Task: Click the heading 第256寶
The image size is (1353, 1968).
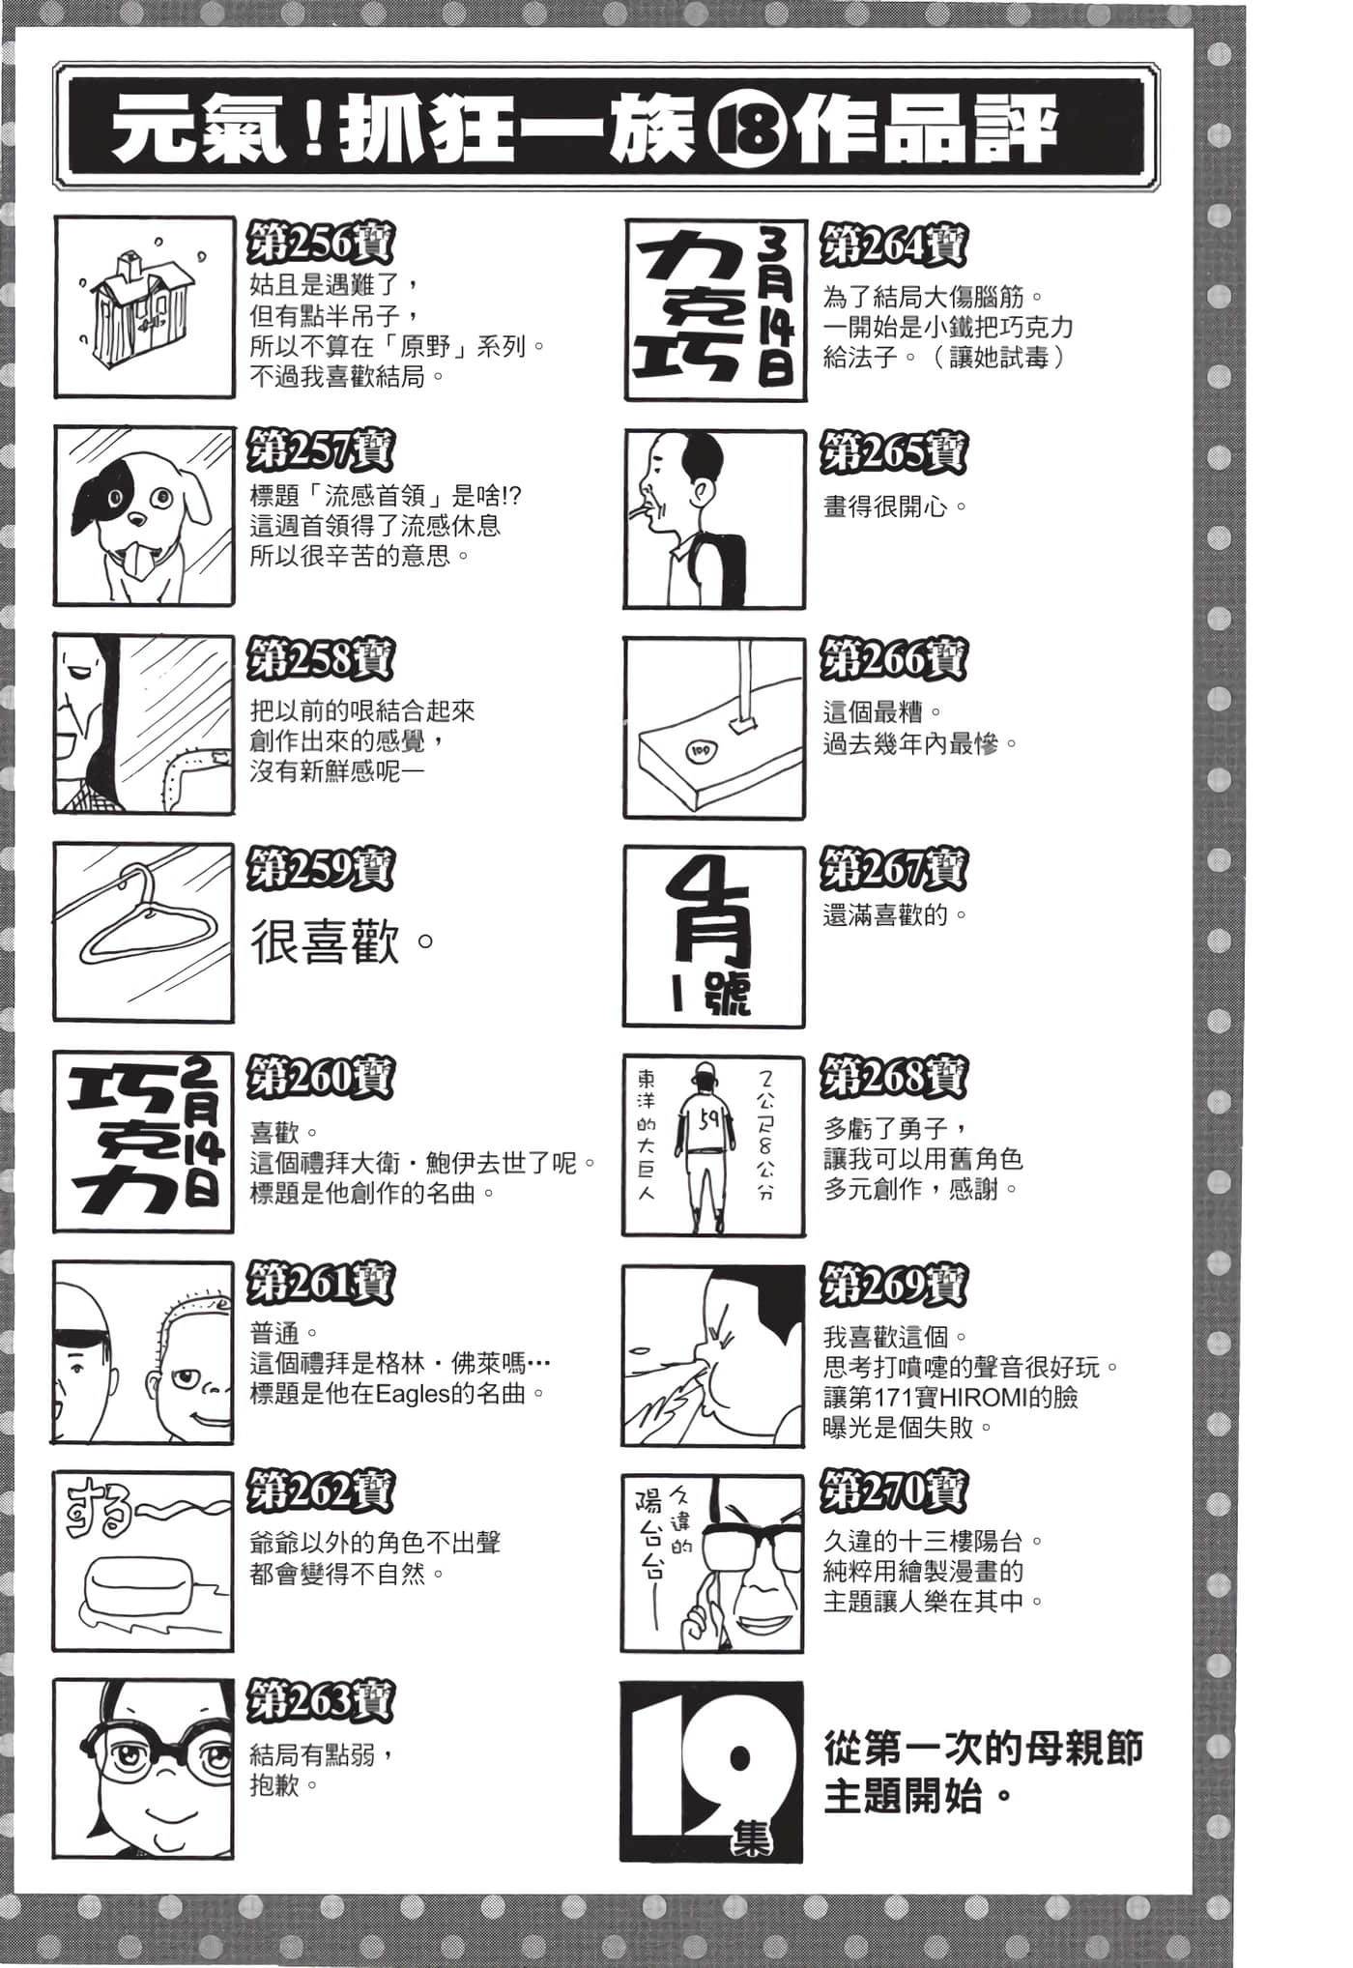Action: tap(321, 243)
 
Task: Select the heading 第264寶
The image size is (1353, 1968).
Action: tap(894, 246)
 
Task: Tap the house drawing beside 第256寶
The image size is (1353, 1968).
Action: tap(137, 307)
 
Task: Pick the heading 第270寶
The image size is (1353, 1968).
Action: tap(894, 1494)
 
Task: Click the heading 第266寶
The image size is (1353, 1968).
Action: tap(894, 661)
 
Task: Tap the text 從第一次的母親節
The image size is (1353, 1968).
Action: tap(984, 1747)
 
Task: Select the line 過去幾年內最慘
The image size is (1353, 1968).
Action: tap(921, 744)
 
